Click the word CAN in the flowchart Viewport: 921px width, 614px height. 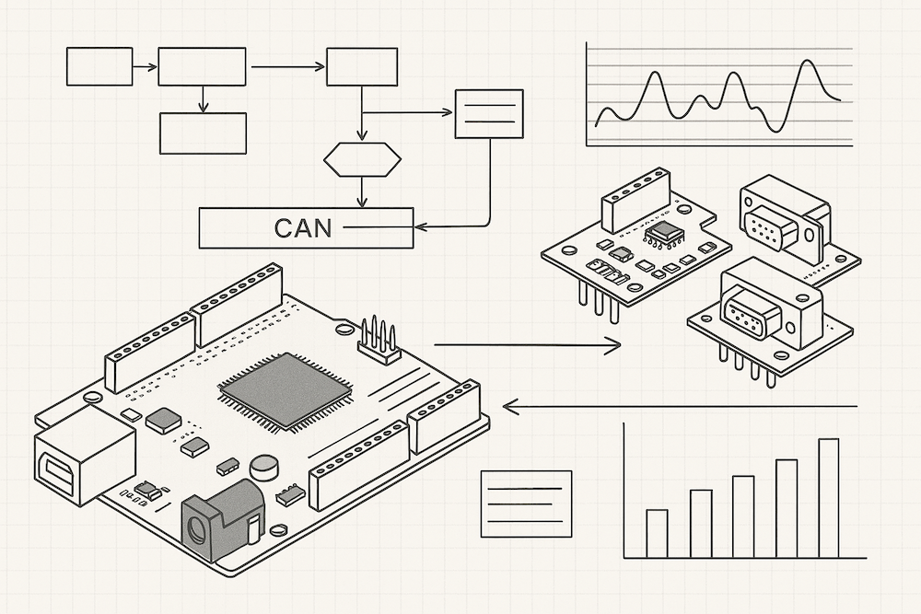(303, 227)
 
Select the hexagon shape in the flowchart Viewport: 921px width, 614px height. (362, 160)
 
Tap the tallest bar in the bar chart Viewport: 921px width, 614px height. (829, 498)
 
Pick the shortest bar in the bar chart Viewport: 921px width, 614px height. (657, 534)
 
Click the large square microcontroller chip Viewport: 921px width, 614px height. (285, 389)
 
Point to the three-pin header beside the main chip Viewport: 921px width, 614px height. (378, 338)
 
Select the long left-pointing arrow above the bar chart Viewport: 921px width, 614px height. (682, 405)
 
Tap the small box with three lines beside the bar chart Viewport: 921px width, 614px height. (527, 504)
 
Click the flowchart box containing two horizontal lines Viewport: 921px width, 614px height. (490, 113)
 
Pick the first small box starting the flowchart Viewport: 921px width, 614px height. (99, 66)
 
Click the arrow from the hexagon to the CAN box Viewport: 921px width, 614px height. (362, 193)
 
